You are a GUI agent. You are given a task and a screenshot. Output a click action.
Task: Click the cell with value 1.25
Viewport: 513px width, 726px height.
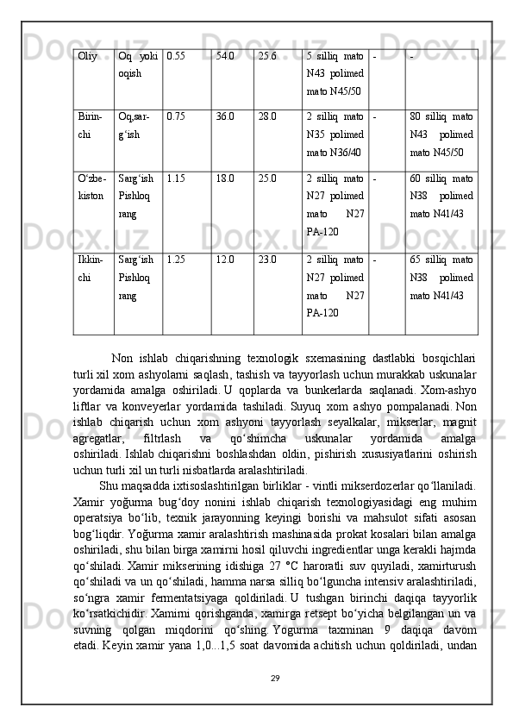pos(175,258)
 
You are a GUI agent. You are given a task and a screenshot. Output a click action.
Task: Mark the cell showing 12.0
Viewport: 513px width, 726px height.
pos(226,258)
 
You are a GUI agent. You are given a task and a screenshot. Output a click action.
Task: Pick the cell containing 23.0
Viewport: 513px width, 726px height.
pos(267,258)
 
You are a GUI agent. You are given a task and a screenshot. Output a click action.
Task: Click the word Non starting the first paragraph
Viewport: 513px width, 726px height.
pos(122,358)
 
